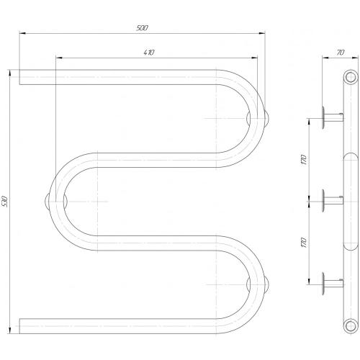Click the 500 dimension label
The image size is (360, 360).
(142, 28)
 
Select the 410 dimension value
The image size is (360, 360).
(149, 53)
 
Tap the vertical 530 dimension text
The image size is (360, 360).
(5, 202)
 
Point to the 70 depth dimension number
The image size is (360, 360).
(341, 53)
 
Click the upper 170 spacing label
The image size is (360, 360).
(304, 160)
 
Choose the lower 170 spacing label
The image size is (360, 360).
(304, 243)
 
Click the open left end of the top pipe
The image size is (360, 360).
(19, 77)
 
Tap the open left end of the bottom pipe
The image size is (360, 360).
(19, 326)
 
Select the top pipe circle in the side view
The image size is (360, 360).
(351, 77)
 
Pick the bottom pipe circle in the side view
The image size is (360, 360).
(351, 326)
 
